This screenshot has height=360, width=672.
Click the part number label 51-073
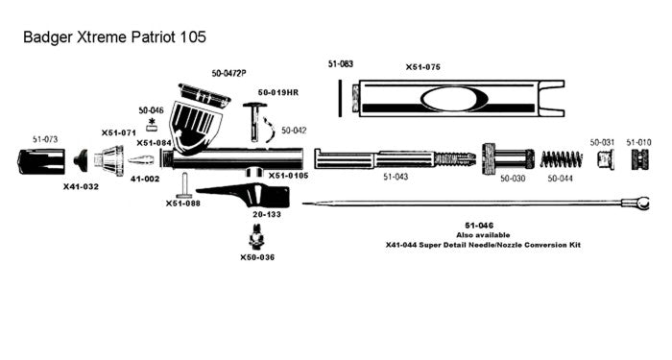tap(45, 139)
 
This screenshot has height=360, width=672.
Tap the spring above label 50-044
tap(561, 159)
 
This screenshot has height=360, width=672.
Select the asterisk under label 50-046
tap(152, 121)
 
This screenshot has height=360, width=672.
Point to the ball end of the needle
tap(642, 203)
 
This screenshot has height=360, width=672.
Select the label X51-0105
tap(288, 176)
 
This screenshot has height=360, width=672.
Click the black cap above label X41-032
tap(81, 160)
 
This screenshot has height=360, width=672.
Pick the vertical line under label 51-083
tap(340, 98)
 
